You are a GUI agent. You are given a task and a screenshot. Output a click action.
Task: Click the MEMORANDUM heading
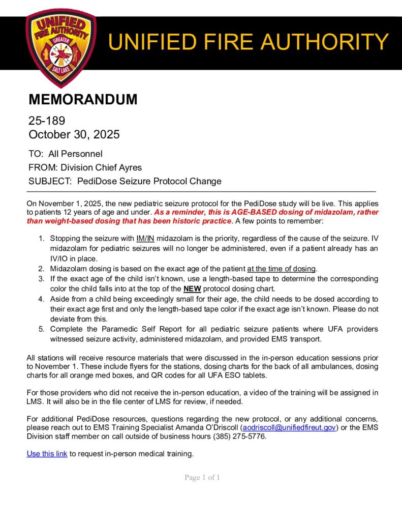pos(83,99)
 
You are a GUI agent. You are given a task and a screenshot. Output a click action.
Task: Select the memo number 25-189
pos(47,121)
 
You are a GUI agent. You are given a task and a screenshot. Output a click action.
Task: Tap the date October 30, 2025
pos(74,134)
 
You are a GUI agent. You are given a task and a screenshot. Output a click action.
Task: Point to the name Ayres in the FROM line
pos(129,167)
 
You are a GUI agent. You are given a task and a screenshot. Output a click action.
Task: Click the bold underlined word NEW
pos(192,288)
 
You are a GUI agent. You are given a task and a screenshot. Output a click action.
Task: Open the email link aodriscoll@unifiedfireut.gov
pos(289,428)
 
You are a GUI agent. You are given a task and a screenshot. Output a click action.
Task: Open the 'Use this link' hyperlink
pos(47,453)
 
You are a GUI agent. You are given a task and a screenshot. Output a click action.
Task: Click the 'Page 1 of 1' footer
pos(202,477)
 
